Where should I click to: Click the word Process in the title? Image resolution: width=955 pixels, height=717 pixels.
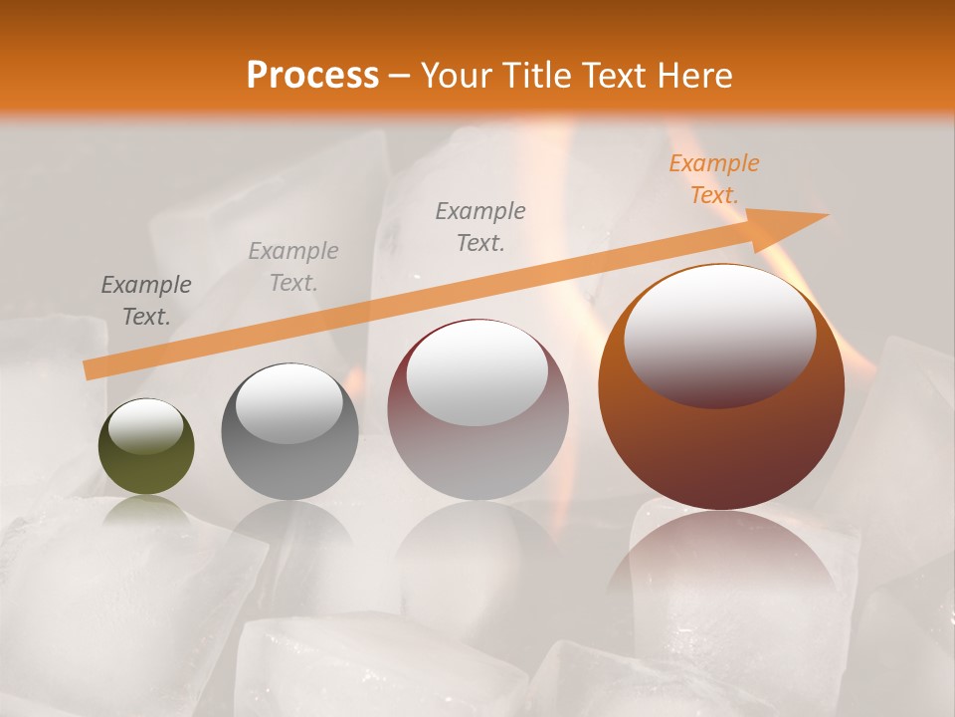click(312, 76)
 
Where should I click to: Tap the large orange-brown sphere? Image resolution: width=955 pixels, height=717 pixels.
click(721, 448)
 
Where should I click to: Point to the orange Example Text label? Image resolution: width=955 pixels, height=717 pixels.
click(713, 179)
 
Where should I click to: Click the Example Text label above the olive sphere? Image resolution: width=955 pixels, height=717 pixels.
click(146, 301)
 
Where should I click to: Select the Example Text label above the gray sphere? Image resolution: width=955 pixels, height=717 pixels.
click(293, 267)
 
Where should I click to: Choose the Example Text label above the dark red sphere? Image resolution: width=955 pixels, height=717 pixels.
click(480, 227)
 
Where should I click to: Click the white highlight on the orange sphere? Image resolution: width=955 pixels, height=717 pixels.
click(719, 334)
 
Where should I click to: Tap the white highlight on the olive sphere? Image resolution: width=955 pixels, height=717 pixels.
click(145, 426)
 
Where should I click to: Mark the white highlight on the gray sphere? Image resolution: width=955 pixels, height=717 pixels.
click(288, 402)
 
